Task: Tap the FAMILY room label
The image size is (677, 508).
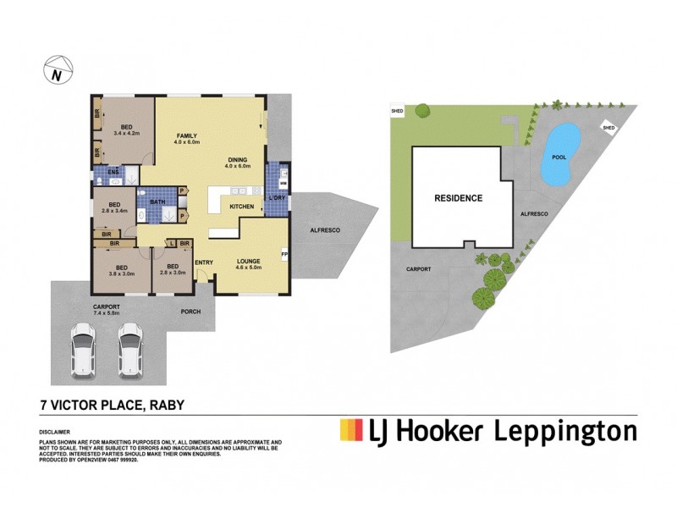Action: point(187,135)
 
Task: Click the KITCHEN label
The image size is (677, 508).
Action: point(242,207)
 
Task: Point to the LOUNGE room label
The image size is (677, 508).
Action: point(248,262)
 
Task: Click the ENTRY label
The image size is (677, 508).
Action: point(204,262)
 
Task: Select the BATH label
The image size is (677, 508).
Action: point(157,202)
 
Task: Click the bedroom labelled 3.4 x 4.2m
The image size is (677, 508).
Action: point(126,129)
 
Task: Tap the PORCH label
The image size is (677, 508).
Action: point(191,311)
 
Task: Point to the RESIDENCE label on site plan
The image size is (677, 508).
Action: point(458,198)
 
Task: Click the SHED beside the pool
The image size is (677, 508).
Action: point(608,127)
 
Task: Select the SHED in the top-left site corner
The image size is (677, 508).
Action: point(396,111)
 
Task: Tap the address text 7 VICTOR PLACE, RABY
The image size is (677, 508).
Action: point(113,406)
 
